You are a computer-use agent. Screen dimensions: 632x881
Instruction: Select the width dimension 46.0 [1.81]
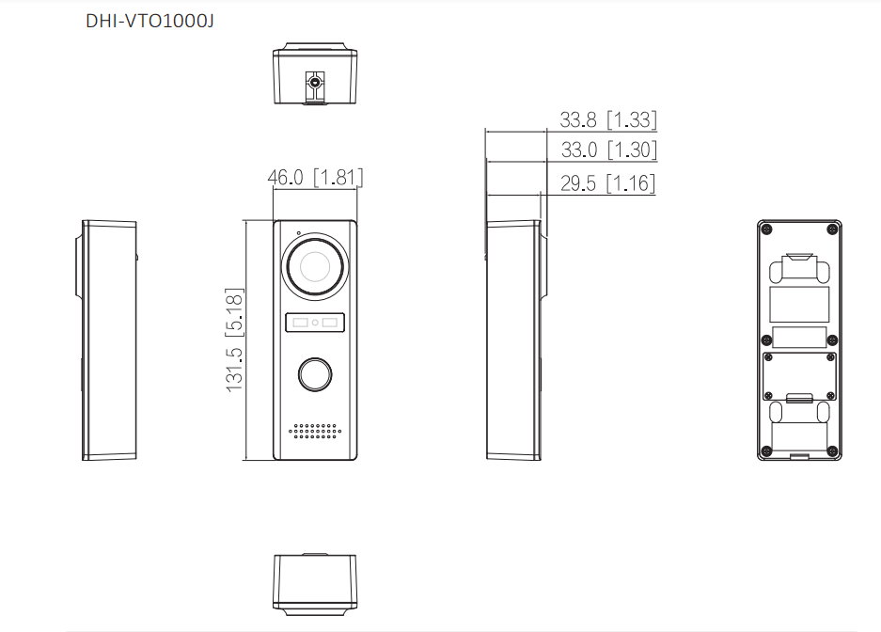click(315, 177)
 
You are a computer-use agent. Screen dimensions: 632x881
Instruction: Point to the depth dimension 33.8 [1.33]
click(607, 119)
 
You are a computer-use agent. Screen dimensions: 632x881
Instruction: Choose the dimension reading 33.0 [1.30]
click(607, 150)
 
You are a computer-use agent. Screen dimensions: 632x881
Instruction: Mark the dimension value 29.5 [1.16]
click(606, 183)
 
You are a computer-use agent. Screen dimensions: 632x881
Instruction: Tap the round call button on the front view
click(315, 374)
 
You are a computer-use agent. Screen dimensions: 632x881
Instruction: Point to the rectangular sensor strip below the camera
click(315, 323)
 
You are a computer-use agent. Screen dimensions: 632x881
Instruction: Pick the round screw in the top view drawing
click(315, 83)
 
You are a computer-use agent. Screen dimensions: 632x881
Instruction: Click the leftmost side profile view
click(107, 340)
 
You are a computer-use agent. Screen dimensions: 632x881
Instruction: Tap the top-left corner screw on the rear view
click(768, 229)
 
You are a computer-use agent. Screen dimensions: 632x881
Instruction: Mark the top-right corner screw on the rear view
click(831, 229)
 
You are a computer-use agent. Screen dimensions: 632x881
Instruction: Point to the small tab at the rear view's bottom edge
click(799, 457)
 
